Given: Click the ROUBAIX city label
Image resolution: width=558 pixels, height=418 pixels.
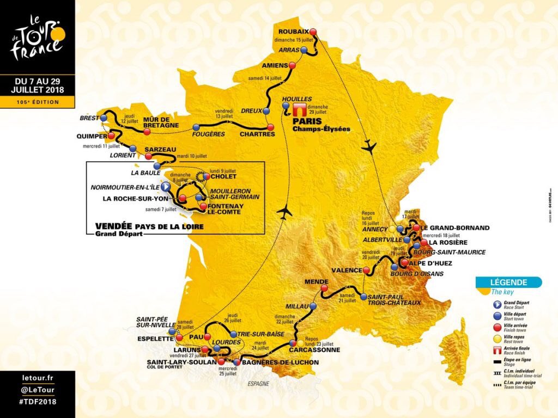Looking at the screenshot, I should coord(294,32).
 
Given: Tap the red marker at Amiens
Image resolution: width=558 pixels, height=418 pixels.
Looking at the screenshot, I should coord(292,65).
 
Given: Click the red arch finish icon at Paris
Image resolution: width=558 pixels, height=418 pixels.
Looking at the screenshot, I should coord(299,109).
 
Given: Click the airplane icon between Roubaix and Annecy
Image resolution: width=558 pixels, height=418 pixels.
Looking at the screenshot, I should coord(370,146).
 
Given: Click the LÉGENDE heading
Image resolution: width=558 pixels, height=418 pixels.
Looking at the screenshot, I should coord(508,282).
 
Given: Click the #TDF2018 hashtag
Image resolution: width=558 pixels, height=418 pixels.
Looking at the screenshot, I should coord(37,401).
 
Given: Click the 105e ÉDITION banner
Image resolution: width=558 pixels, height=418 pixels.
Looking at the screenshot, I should coord(37,102).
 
